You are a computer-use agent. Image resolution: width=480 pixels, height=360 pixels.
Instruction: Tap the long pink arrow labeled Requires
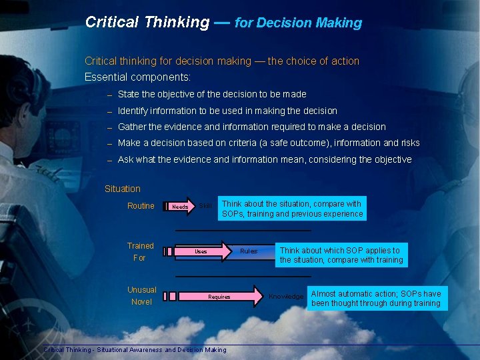(220, 297)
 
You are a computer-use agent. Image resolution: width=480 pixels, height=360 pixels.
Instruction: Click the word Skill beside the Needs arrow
(205, 206)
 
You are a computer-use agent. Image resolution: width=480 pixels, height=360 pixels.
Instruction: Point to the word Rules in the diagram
(249, 251)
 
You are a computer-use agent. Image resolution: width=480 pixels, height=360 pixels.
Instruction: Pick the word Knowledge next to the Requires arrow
(285, 296)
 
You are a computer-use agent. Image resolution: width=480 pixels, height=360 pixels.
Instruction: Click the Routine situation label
(141, 206)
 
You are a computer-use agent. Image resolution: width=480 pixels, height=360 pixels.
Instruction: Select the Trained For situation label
(140, 252)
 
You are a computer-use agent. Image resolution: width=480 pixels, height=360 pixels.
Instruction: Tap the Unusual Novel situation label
(141, 296)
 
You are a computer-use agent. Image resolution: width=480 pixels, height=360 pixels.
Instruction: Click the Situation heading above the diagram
(123, 189)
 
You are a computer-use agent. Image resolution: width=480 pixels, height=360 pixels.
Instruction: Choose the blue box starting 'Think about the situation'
(292, 209)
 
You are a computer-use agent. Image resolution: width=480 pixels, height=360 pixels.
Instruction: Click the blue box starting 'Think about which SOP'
(341, 255)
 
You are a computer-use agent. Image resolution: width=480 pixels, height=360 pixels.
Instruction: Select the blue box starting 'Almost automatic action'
(376, 299)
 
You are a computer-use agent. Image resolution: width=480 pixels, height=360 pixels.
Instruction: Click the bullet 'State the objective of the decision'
(212, 95)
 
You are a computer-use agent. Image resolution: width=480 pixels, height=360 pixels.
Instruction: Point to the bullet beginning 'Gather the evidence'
(251, 127)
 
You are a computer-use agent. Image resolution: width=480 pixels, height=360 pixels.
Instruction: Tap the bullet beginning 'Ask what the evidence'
(264, 159)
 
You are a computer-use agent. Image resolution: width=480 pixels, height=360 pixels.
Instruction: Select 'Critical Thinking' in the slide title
(147, 22)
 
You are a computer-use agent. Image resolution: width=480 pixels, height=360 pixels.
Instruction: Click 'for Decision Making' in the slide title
(298, 23)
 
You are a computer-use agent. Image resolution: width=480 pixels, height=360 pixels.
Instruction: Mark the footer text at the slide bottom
(135, 350)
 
